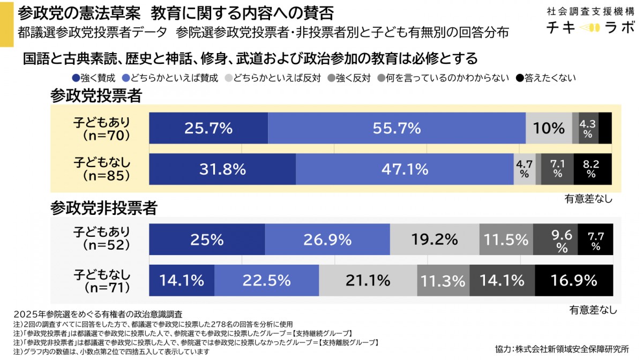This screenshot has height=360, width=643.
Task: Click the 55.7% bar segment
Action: (397, 129)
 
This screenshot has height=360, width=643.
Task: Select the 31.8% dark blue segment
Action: (222, 169)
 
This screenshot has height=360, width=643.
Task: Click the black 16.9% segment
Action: (574, 280)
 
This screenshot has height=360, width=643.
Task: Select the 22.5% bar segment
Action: (266, 280)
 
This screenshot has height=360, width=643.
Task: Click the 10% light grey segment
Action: (549, 129)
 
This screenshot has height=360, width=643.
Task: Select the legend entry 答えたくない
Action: (546, 78)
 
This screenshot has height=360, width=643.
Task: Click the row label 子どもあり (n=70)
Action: (102, 129)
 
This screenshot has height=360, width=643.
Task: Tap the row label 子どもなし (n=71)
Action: (102, 280)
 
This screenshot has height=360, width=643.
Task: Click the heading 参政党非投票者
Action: (103, 208)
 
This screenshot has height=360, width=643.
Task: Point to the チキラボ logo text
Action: (589, 27)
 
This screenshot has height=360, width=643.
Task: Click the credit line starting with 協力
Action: (562, 349)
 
